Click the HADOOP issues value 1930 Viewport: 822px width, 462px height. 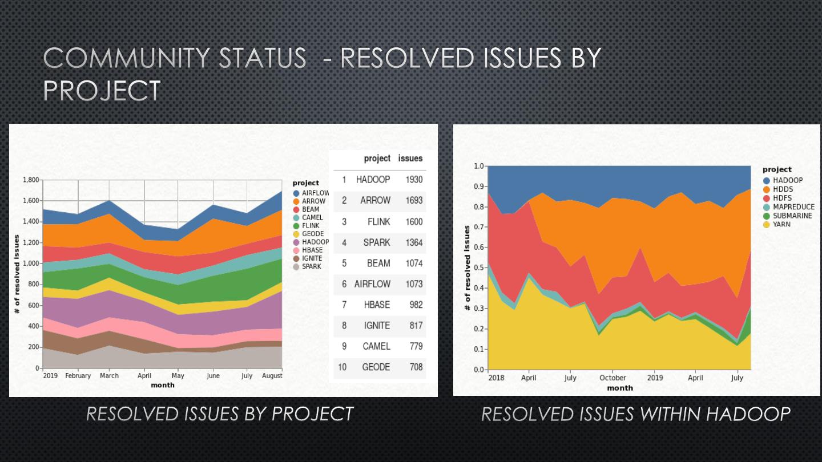click(x=414, y=180)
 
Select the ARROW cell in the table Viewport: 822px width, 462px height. click(x=375, y=200)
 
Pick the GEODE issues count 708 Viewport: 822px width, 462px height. click(x=416, y=367)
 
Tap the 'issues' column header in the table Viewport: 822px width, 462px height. click(x=410, y=159)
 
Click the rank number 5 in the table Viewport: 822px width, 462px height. click(x=344, y=263)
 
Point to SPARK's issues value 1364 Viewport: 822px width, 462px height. click(x=414, y=242)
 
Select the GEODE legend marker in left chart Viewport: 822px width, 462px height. click(x=296, y=234)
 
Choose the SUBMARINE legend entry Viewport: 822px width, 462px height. click(x=792, y=216)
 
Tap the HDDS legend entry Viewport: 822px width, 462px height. click(x=783, y=189)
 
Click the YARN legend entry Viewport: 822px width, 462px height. click(x=781, y=225)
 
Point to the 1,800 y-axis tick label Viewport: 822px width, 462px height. click(x=31, y=180)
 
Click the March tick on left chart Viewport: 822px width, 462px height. click(x=109, y=376)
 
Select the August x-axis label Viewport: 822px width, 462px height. click(x=272, y=376)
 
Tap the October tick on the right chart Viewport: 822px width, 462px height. click(x=613, y=378)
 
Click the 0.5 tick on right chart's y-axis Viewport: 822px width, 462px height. click(x=479, y=268)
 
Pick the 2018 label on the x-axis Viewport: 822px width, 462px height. click(x=496, y=378)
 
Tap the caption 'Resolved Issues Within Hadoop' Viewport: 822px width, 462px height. click(x=636, y=414)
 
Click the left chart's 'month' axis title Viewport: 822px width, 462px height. click(x=163, y=385)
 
